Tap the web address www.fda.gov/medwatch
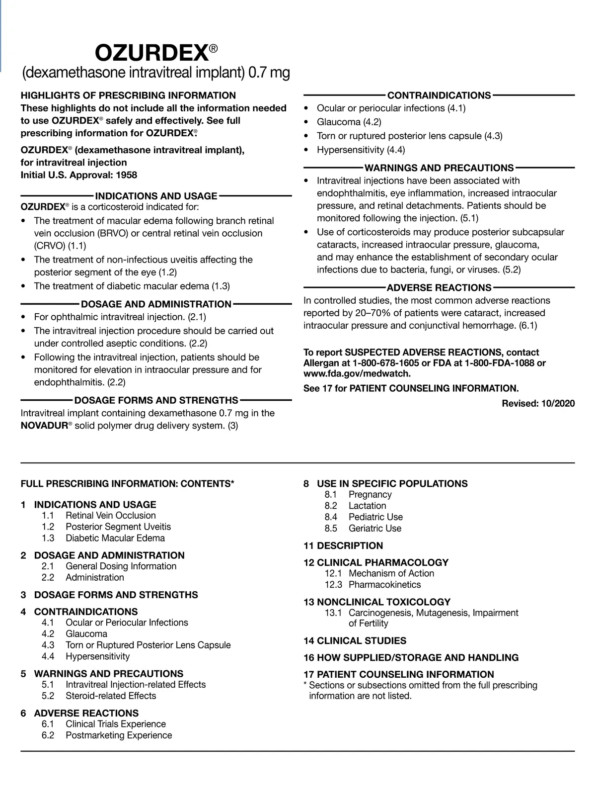tap(357, 374)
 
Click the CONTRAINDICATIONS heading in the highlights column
tap(439, 95)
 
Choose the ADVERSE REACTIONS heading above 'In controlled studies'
tap(439, 288)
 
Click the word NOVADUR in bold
tap(44, 426)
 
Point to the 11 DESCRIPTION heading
tap(343, 545)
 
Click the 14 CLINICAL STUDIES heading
tap(355, 640)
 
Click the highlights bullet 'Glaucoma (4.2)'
tap(349, 122)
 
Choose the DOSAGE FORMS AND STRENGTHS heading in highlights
tap(156, 400)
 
